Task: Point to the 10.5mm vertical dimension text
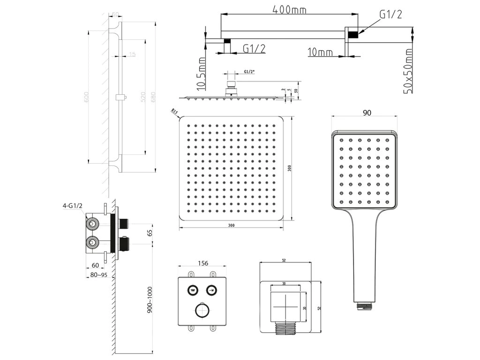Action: click(202, 74)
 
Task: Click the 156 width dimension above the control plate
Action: click(203, 264)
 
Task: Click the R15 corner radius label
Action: click(174, 112)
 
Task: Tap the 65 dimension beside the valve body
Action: click(150, 232)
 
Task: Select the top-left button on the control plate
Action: click(192, 289)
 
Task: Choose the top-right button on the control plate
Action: click(212, 289)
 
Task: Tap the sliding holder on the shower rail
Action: click(120, 97)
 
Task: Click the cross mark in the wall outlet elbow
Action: click(286, 306)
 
